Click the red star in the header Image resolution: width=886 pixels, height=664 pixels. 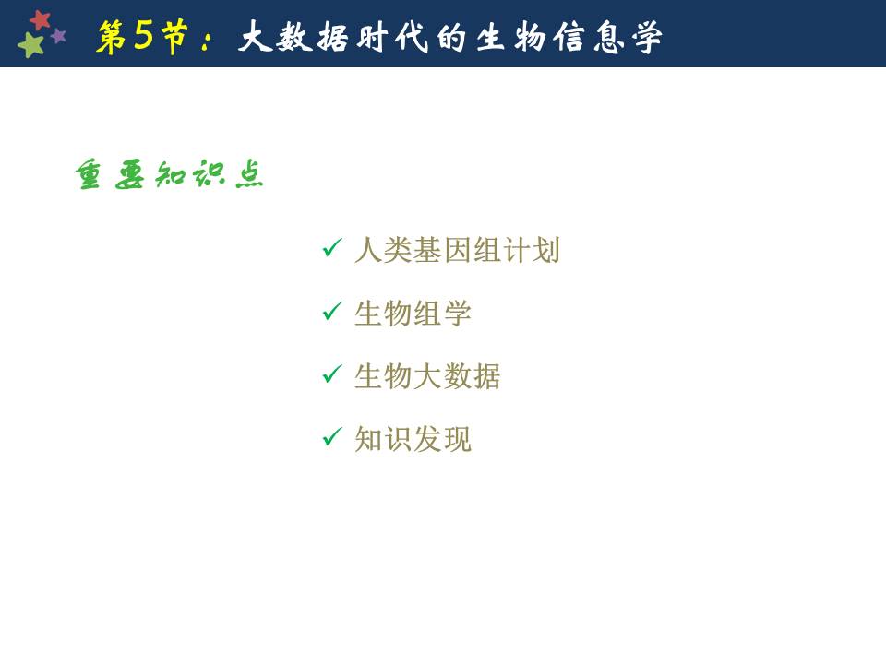click(x=40, y=20)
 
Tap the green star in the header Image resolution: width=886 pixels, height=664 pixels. click(x=30, y=44)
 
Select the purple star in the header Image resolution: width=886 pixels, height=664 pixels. click(x=58, y=36)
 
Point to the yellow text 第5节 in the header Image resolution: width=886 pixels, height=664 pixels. click(x=142, y=37)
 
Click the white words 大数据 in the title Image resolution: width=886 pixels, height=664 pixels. click(x=293, y=37)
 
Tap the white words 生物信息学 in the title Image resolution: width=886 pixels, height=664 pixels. click(x=569, y=38)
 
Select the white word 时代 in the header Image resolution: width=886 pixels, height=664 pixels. click(x=393, y=38)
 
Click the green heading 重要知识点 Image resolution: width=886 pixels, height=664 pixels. click(x=170, y=174)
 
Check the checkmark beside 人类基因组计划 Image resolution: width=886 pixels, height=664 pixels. click(x=332, y=247)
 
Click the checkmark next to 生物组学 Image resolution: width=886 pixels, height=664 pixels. click(x=332, y=311)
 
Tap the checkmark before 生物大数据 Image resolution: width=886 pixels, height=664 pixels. click(x=332, y=373)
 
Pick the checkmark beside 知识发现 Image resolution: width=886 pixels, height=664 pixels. click(x=332, y=436)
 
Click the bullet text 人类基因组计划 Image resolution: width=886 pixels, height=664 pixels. click(x=457, y=250)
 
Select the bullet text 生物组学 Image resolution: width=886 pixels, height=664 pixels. click(x=413, y=314)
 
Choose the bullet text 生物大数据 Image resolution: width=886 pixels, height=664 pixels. click(x=427, y=376)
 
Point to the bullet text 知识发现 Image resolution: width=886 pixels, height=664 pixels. click(x=413, y=439)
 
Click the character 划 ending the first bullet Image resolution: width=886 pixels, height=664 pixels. click(x=545, y=250)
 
